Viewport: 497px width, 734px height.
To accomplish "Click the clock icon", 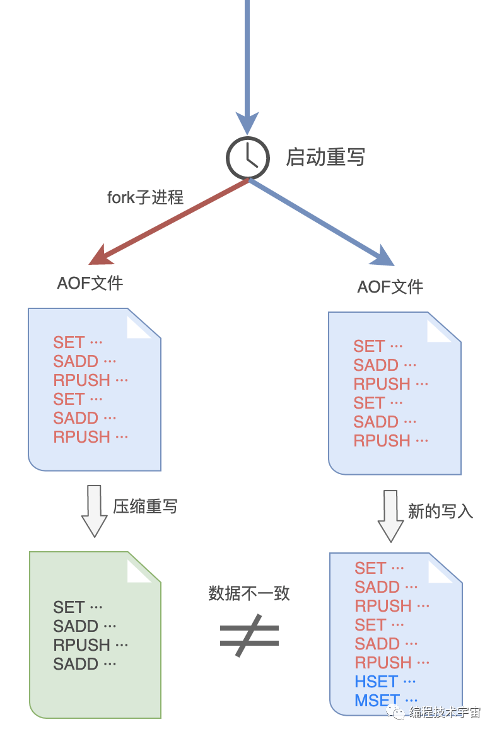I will (x=248, y=158).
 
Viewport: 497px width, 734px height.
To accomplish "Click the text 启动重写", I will (x=325, y=157).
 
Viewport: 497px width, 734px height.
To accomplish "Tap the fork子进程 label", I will (x=145, y=197).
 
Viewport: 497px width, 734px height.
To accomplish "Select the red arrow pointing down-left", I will (x=170, y=221).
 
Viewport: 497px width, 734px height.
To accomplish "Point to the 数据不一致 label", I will (x=249, y=593).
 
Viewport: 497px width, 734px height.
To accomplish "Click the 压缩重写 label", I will (x=145, y=506).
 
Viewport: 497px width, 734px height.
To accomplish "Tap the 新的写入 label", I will (x=440, y=511).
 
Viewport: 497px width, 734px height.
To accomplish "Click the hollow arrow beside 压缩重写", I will (x=94, y=510).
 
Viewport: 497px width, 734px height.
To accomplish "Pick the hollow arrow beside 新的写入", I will (x=390, y=515).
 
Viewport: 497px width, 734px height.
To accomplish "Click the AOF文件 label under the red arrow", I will (x=90, y=283).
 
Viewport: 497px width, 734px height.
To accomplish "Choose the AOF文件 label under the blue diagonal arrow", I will (x=390, y=287).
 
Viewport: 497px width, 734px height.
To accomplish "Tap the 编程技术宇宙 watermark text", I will (x=445, y=713).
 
